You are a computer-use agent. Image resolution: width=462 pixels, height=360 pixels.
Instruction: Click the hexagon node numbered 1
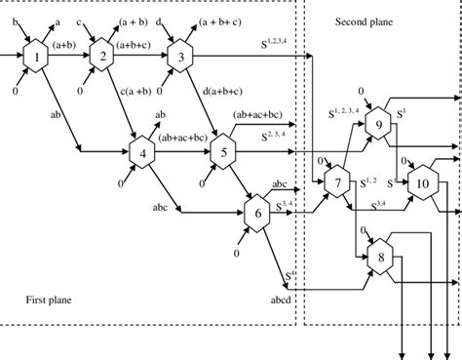coord(37,58)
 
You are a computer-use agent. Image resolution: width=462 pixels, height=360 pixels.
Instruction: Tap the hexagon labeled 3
coord(180,58)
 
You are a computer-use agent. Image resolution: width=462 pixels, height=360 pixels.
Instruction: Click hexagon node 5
coord(222,151)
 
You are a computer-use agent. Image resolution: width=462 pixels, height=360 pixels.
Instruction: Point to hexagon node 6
coord(257,212)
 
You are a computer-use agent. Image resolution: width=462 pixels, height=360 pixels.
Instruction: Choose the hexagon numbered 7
coord(338,182)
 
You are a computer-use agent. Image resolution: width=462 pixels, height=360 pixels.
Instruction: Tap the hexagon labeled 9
coord(379,129)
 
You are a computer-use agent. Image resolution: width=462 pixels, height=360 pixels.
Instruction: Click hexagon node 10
coord(423,182)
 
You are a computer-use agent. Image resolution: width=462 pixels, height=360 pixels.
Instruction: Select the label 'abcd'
coord(280,300)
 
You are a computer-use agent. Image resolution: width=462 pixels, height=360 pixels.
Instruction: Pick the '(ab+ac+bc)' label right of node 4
coord(183,138)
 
